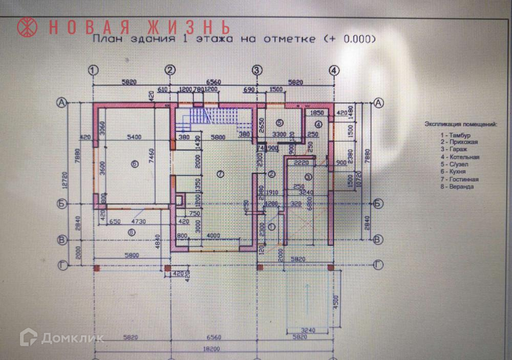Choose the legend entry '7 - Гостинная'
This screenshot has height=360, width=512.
pyautogui.click(x=462, y=179)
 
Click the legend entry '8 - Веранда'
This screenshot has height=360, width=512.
pyautogui.click(x=459, y=187)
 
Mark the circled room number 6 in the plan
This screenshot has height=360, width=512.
pyautogui.click(x=134, y=164)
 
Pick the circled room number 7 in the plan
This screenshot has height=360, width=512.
pyautogui.click(x=220, y=174)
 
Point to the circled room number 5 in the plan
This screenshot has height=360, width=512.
pyautogui.click(x=279, y=123)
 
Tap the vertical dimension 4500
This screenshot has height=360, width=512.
pyautogui.click(x=336, y=302)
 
